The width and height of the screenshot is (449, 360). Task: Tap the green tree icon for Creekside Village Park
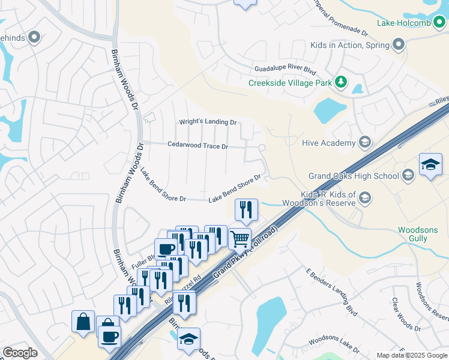click(341, 82)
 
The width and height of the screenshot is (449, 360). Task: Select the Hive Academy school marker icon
click(364, 142)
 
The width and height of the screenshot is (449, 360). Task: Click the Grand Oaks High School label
click(354, 176)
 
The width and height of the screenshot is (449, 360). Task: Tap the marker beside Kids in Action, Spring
click(398, 44)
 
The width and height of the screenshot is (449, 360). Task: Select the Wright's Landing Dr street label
click(208, 122)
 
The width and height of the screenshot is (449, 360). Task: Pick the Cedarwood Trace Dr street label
click(197, 145)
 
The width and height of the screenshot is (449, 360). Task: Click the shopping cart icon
click(240, 238)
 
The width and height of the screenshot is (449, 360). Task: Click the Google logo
click(20, 353)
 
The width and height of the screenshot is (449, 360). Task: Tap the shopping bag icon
click(83, 321)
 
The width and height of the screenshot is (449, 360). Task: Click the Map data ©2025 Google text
click(412, 355)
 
